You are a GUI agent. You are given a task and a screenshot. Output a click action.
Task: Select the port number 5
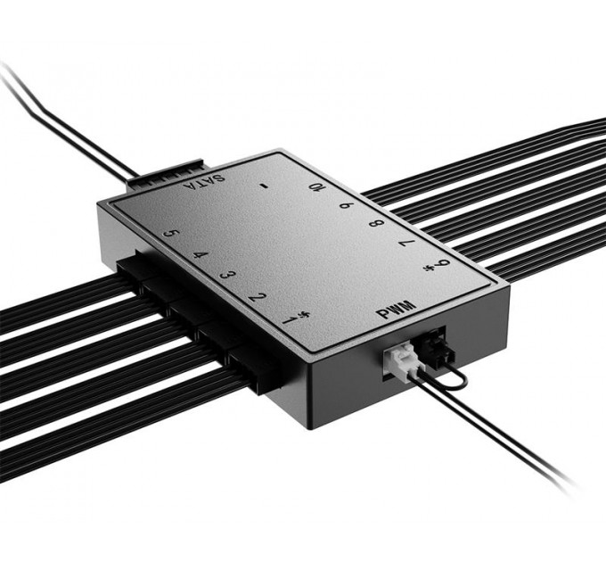(172, 238)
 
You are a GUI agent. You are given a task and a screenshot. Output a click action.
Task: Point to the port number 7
(406, 243)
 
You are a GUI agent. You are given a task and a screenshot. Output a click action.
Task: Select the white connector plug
(400, 360)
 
